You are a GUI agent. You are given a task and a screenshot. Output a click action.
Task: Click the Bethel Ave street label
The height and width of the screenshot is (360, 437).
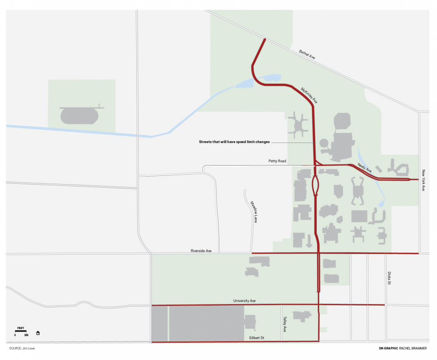[x=307, y=54]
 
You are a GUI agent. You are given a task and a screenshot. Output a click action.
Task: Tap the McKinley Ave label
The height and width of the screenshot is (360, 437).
[x=309, y=95]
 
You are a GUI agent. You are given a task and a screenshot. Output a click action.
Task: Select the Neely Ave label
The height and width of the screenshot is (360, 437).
[x=364, y=167]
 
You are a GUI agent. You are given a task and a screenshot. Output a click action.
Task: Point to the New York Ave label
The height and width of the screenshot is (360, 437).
[x=423, y=180]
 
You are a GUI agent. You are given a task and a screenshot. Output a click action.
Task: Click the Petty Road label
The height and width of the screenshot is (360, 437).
[x=277, y=161]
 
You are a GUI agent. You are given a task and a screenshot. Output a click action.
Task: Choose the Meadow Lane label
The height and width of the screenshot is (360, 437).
[x=254, y=212]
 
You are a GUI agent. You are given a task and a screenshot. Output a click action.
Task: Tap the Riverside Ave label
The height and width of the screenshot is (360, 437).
[x=201, y=251]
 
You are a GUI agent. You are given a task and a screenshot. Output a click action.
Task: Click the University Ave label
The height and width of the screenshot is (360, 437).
[x=244, y=301]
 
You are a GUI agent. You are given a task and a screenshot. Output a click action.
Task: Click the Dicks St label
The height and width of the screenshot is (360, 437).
[x=388, y=279]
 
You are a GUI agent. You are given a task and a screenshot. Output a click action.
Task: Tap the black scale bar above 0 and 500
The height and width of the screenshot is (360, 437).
[x=21, y=331]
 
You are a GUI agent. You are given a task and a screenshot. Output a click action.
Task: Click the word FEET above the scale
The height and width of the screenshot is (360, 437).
[x=21, y=328]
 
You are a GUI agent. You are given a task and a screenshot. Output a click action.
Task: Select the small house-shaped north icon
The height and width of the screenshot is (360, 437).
[x=38, y=333]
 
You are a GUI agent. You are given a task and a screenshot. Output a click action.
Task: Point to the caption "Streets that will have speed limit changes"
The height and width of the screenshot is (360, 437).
[x=234, y=142]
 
